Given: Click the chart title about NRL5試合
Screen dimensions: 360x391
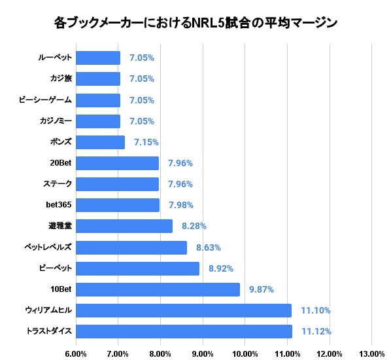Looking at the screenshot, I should pos(195,24).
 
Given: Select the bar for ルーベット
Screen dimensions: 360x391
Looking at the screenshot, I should pos(98,58).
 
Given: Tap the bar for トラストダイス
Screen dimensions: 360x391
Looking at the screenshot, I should pos(184,331).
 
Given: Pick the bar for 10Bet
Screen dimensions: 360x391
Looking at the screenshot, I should pos(158,289).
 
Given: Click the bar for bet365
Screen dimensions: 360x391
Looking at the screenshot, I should pos(118,205).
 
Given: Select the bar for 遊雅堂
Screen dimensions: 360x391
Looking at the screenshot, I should pos(124,226).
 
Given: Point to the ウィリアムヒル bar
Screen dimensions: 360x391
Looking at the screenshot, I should pos(183,310).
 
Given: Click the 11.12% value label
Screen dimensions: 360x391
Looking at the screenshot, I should pos(316,331).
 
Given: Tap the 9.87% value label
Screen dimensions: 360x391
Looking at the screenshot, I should pos(261,289).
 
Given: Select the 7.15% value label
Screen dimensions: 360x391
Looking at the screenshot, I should pos(146,142).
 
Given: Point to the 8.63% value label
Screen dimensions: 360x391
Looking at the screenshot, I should pos(208,247).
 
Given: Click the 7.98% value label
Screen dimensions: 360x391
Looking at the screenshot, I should pos(180,205).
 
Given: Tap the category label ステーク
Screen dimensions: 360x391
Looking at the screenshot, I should pos(57,184).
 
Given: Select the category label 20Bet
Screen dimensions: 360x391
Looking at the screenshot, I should pos(59,163).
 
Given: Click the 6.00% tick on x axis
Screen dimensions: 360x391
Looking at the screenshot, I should pos(76,353).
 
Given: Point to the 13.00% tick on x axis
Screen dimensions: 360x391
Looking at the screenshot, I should pos(371,353).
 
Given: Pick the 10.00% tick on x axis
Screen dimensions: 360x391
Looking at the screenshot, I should pos(245,353).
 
